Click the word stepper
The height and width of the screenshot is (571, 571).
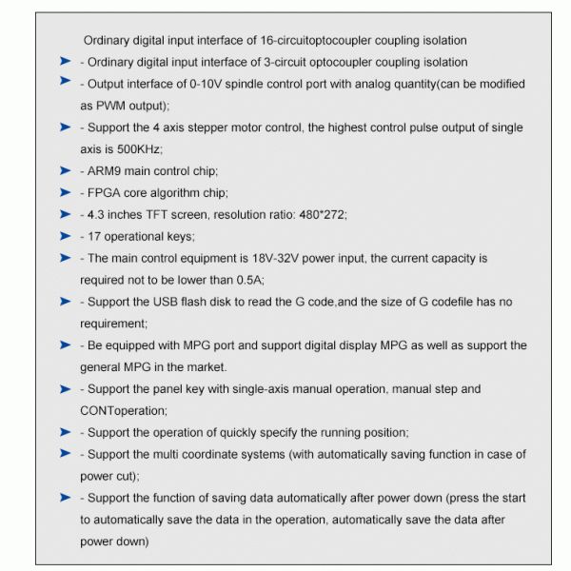[217, 128]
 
